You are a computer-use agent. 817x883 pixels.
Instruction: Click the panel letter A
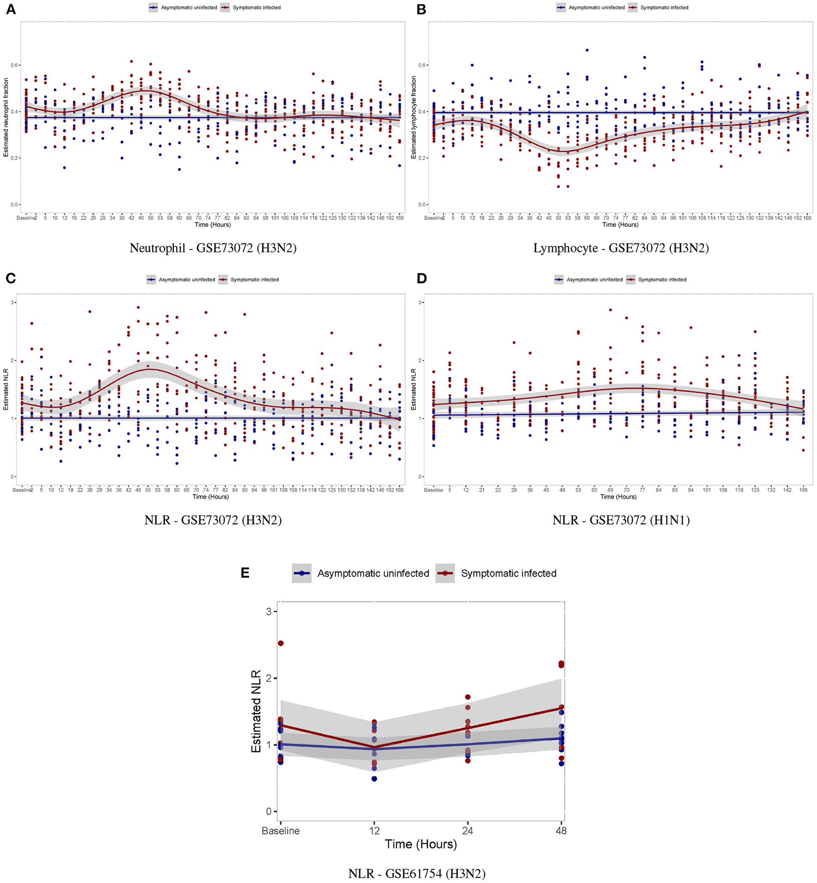point(11,9)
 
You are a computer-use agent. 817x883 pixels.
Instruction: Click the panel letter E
point(245,573)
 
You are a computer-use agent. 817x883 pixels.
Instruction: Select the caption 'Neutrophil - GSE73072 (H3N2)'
point(213,248)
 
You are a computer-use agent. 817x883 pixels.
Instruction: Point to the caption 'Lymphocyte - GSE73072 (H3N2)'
point(621,248)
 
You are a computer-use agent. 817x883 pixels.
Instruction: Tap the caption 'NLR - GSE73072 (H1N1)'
point(621,520)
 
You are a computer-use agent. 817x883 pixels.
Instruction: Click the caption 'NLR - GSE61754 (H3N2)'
point(416,873)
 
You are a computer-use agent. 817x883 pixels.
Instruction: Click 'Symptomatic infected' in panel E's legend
point(508,573)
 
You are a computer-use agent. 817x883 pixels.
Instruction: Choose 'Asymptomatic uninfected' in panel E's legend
point(373,573)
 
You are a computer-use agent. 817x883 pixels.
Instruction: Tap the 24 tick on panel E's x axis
point(468,830)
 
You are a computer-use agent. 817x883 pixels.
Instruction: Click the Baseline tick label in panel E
point(280,830)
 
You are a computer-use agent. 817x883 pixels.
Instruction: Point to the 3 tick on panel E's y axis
point(269,611)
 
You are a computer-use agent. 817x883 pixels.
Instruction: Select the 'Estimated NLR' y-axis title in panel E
point(256,711)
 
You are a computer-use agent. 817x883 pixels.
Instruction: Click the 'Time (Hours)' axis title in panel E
point(420,844)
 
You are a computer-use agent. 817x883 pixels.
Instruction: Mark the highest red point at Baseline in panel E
point(280,643)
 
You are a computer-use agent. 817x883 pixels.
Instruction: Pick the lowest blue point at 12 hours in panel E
point(374,779)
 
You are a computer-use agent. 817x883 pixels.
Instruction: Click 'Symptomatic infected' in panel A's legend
point(256,7)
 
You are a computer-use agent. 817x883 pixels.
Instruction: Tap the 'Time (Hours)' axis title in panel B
point(620,225)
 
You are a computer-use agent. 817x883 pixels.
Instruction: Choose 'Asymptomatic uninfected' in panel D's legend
point(594,279)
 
